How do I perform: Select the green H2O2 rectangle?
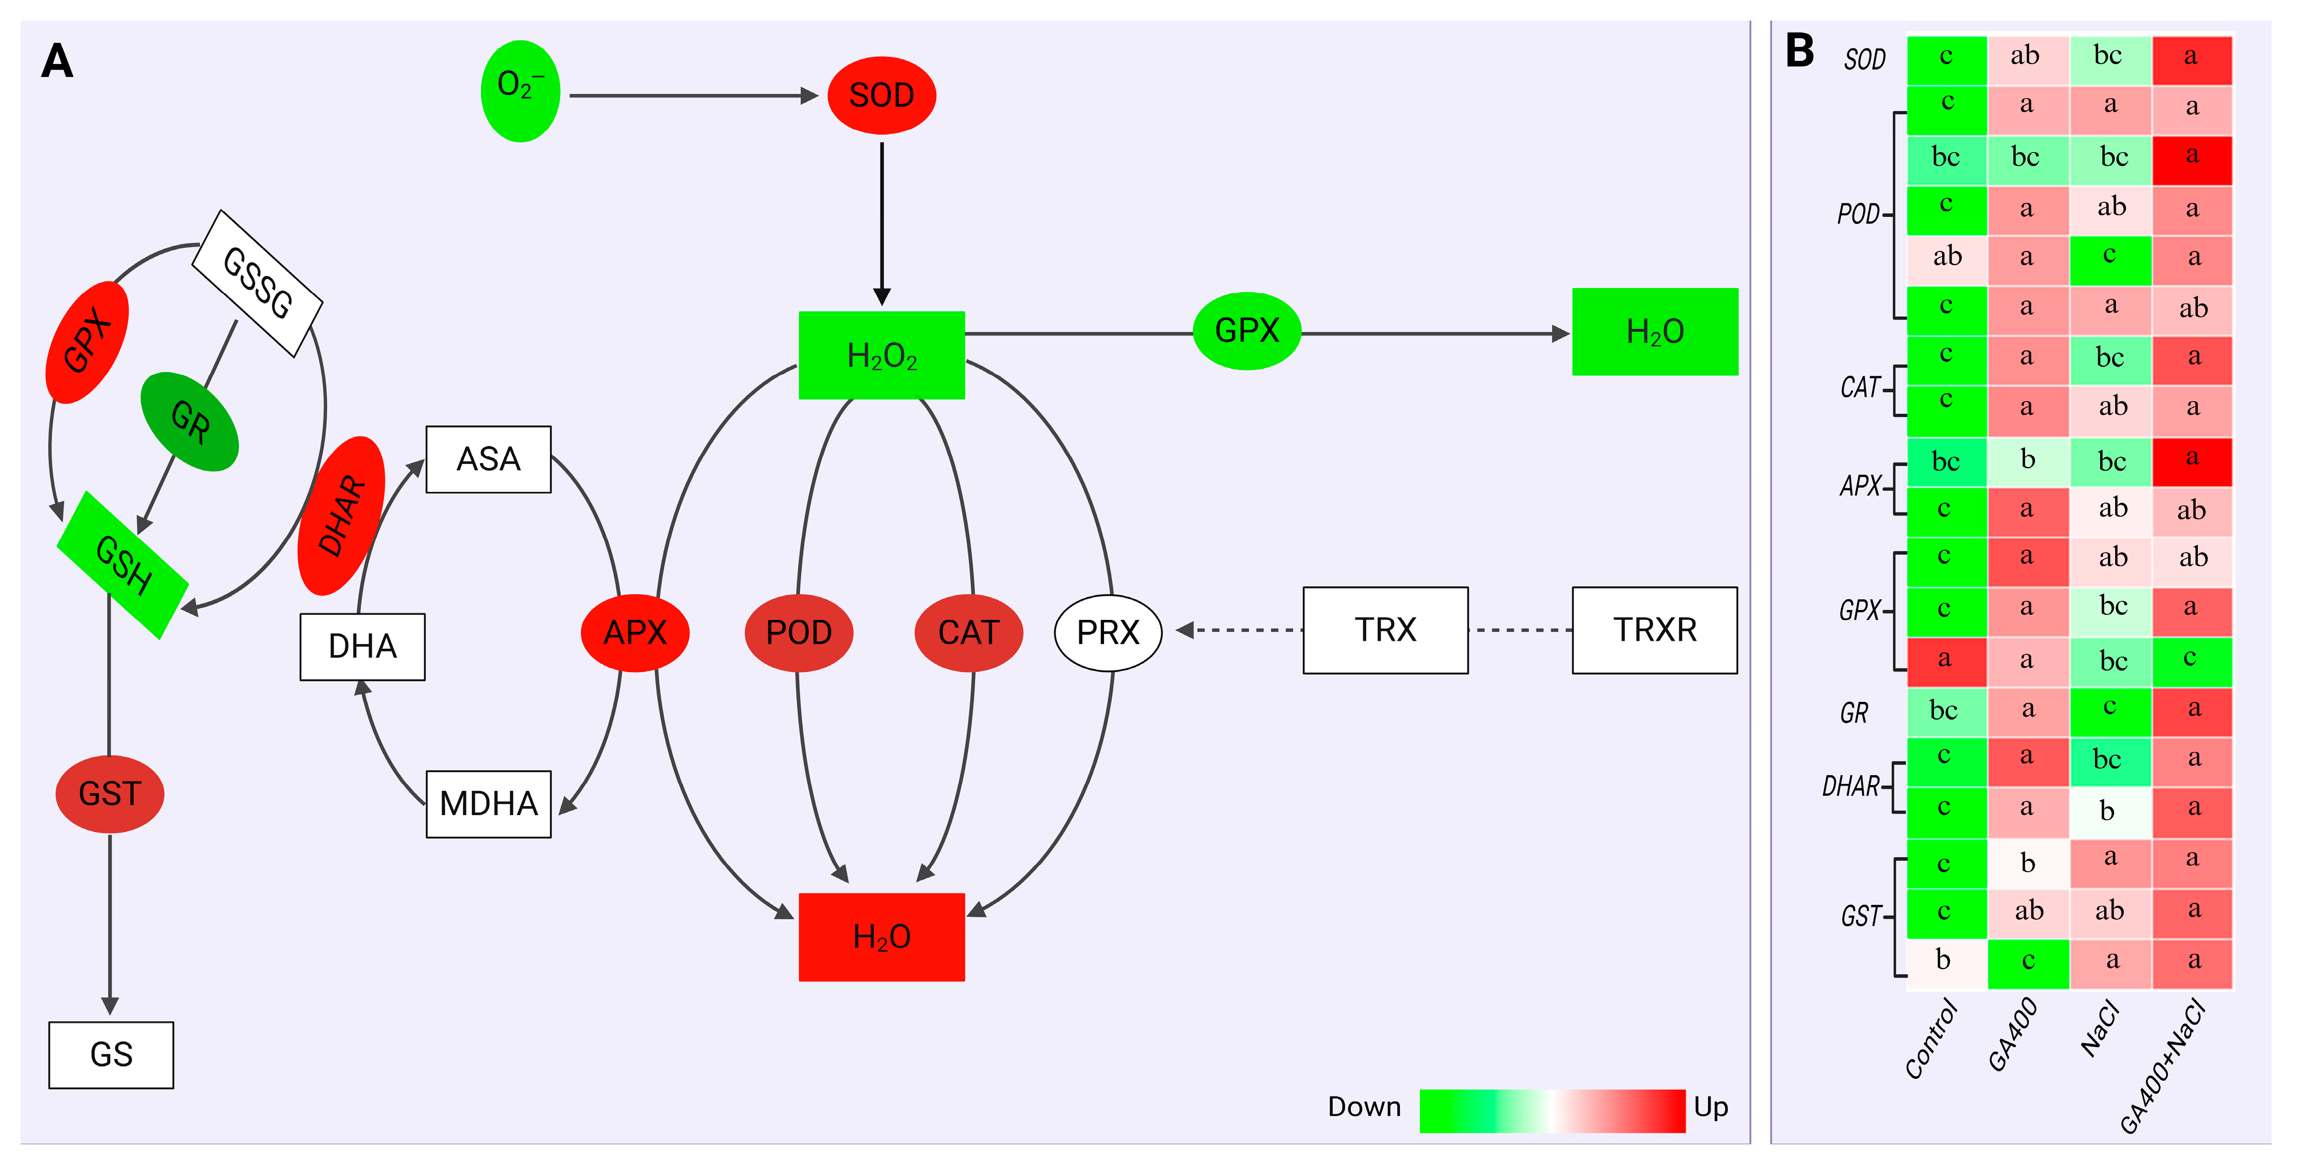coord(882,356)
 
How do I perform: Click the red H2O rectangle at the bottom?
coord(882,937)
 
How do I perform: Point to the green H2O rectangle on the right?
coord(1654,332)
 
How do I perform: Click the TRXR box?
coord(1654,630)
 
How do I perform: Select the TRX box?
coord(1385,630)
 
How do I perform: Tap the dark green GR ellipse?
coord(190,421)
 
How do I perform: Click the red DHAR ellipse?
coord(342,516)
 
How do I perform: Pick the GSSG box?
coord(257,282)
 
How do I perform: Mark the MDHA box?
coord(488,804)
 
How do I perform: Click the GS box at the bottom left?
coord(110,1054)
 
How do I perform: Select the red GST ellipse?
coord(110,794)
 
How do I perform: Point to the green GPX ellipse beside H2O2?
coord(1246,331)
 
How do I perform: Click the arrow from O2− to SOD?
coord(693,95)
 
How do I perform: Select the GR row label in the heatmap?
coord(1854,713)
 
